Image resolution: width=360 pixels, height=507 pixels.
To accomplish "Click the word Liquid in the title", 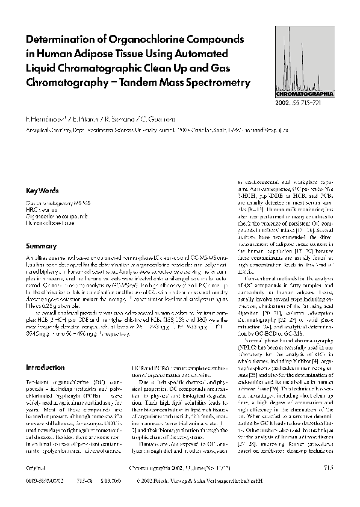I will coord(41,67).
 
